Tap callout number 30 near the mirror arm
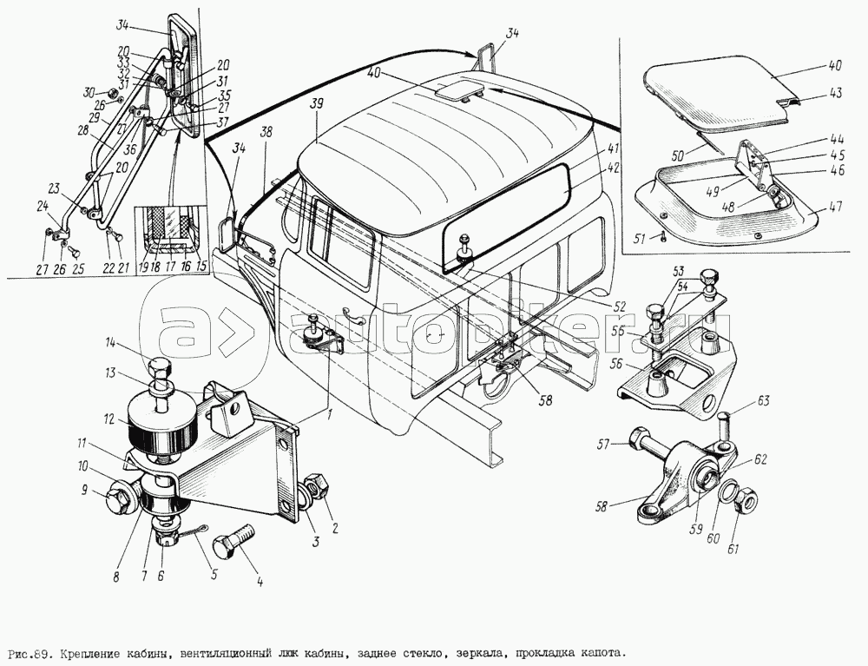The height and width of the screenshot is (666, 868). (89, 92)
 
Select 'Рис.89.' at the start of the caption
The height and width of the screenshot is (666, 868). (28, 651)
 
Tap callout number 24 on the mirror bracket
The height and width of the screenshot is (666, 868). (43, 206)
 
